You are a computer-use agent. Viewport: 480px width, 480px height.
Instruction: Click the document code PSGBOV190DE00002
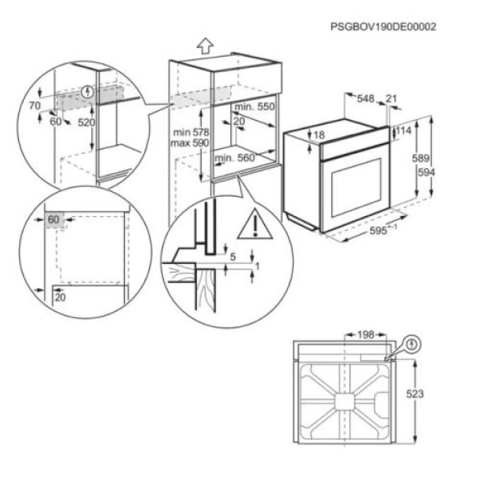[383, 26]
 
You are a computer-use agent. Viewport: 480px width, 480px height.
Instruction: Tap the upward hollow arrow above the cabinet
[204, 46]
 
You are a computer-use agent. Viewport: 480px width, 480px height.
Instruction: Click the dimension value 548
[365, 98]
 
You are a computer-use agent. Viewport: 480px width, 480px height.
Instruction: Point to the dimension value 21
[390, 98]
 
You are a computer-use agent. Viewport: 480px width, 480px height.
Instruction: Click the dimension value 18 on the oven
[319, 135]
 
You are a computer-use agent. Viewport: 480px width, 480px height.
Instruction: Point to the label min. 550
[254, 106]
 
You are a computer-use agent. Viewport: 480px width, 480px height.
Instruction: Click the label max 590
[190, 142]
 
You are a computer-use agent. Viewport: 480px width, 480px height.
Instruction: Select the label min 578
[190, 131]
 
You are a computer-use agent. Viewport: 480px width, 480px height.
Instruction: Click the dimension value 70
[34, 105]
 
